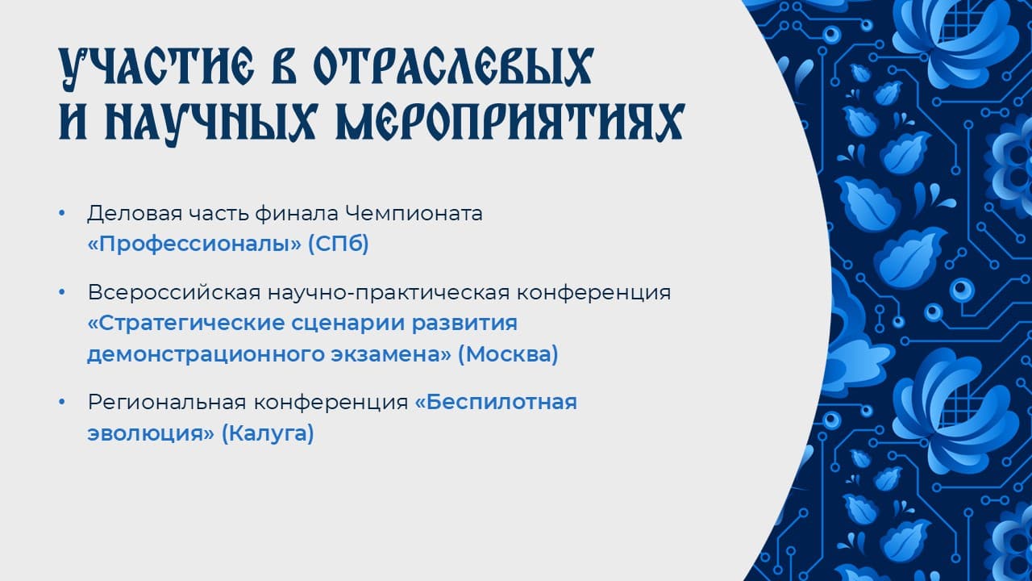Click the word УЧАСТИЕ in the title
point(156,67)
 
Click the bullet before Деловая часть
point(62,213)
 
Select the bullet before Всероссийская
point(62,292)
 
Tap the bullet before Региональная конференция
point(62,402)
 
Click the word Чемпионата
point(414,213)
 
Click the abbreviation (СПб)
point(339,244)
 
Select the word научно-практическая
point(389,293)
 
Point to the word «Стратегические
point(185,324)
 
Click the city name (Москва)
point(508,354)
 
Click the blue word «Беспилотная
point(496,402)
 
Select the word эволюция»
point(151,434)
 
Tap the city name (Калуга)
point(268,433)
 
